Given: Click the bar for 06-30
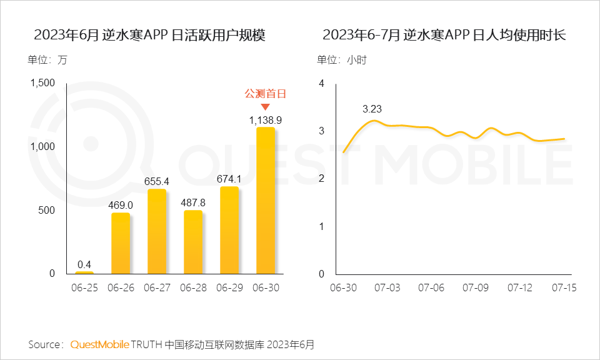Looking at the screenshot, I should coord(266,200).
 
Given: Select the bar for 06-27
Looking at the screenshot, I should coord(157,231).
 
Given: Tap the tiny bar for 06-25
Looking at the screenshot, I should coord(84,272).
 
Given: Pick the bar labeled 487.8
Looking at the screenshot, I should coord(193,242).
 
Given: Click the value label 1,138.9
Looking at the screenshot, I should coord(266,119).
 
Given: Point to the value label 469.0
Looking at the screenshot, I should coord(121,205).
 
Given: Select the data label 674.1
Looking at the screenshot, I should coord(229,179).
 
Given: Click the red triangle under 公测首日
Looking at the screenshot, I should coord(266,107).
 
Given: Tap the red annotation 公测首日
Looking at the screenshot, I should coord(266,94).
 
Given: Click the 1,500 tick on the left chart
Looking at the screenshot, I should coord(42,83).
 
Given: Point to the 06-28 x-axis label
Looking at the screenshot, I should coord(193,288).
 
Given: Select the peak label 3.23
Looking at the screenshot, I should coord(372,109).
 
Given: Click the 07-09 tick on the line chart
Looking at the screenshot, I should coord(475,288).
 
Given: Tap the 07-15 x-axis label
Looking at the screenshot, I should coord(564,288).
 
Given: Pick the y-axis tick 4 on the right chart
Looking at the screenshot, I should coord(321,83).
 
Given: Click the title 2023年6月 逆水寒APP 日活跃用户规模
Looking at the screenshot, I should coord(150,35).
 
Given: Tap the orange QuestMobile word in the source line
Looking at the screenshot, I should coord(100,344).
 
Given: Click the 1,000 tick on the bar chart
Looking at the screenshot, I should coord(42,147).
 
